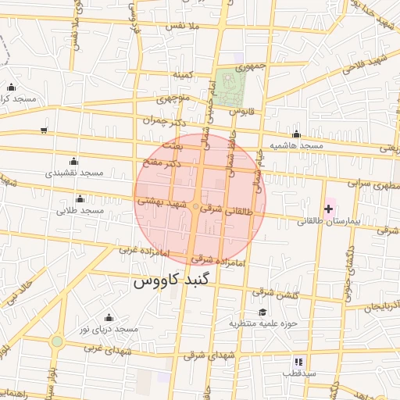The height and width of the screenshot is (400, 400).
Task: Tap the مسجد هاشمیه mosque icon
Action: coord(296,134)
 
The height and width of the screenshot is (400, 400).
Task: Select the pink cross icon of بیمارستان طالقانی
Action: coord(328,209)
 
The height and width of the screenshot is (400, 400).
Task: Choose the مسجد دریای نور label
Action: coord(108,329)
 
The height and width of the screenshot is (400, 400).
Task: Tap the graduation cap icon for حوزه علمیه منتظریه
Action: coord(262,312)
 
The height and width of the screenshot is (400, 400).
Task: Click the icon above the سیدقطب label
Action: coord(298,362)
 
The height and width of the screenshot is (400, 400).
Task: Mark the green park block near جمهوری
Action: coord(229,88)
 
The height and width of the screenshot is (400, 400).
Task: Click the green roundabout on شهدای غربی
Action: coord(56,341)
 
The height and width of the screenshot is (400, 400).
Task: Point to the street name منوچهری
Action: coord(173,99)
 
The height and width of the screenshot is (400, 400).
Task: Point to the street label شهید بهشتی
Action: coord(162,201)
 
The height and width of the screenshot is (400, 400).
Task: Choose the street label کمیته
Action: coord(184,74)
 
